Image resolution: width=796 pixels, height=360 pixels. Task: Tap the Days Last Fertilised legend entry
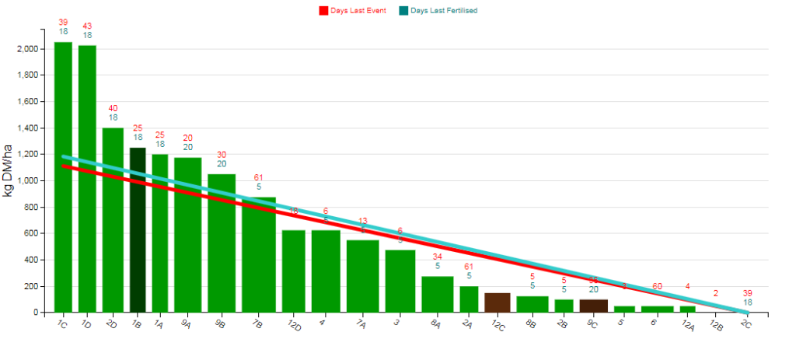pyautogui.click(x=438, y=11)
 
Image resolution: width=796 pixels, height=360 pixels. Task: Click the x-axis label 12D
pyautogui.click(x=294, y=325)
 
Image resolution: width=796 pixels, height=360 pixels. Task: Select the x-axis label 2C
pyautogui.click(x=746, y=325)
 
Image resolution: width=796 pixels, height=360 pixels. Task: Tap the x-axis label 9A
pyautogui.click(x=187, y=325)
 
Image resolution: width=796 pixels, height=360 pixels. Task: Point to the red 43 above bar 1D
pyautogui.click(x=87, y=26)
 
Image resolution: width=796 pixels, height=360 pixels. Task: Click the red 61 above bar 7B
pyautogui.click(x=259, y=177)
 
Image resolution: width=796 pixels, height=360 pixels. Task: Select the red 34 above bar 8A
pyautogui.click(x=438, y=257)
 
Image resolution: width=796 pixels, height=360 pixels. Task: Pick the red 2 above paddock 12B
pyautogui.click(x=716, y=294)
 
